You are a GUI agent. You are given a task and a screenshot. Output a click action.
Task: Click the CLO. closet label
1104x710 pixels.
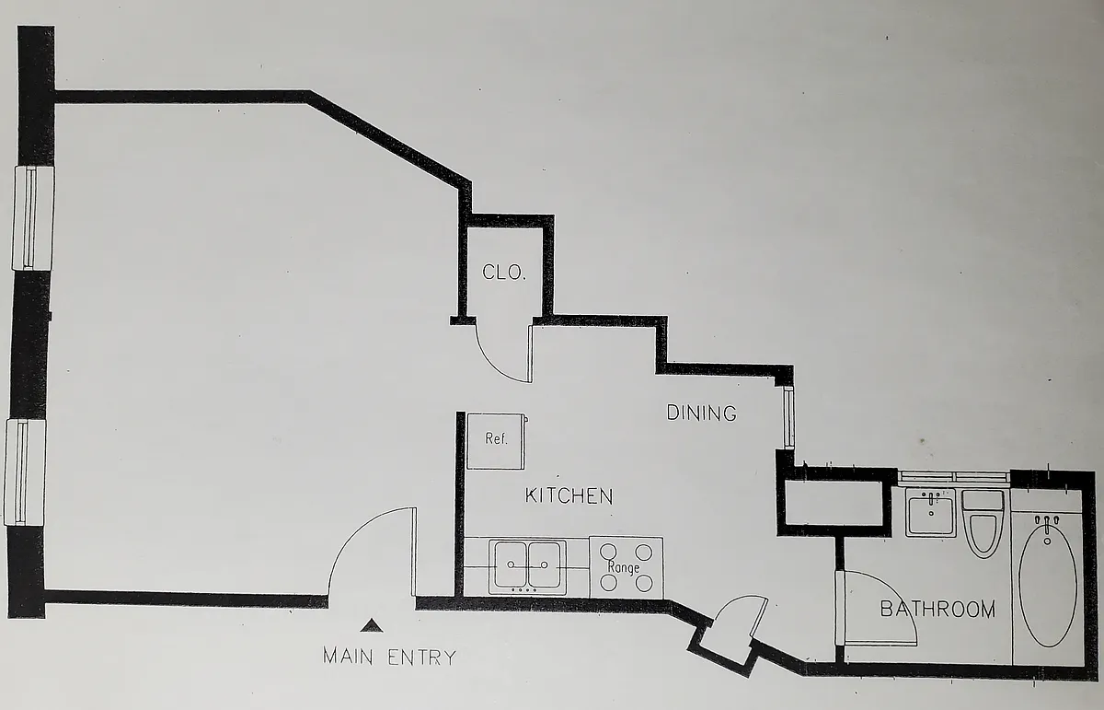pyautogui.click(x=504, y=273)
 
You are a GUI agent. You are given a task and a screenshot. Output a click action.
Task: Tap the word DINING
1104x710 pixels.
pyautogui.click(x=701, y=413)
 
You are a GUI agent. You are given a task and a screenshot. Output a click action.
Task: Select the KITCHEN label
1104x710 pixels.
pyautogui.click(x=568, y=496)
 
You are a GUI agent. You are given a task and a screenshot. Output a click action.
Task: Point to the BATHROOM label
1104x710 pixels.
pyautogui.click(x=937, y=609)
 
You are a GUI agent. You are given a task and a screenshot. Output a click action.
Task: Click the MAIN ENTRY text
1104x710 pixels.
pyautogui.click(x=389, y=658)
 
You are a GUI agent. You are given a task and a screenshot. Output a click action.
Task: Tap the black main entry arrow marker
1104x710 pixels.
pyautogui.click(x=371, y=626)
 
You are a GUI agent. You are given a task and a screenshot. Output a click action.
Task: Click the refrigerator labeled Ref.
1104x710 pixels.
pyautogui.click(x=497, y=440)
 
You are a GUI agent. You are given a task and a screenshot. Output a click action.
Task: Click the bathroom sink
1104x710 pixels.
pyautogui.click(x=930, y=512)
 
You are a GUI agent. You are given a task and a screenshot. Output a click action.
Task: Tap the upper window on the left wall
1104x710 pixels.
pyautogui.click(x=33, y=217)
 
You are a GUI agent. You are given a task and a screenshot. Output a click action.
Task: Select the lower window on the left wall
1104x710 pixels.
pyautogui.click(x=26, y=471)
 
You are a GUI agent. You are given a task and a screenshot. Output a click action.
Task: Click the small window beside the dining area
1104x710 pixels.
pyautogui.click(x=788, y=417)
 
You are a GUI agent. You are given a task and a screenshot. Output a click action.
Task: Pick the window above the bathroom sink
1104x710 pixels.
pyautogui.click(x=953, y=477)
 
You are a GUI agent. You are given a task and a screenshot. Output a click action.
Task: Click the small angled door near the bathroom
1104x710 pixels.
pyautogui.click(x=736, y=620)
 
